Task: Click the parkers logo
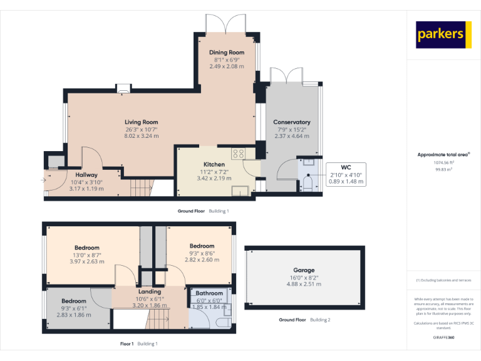443,34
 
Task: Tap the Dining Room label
226,52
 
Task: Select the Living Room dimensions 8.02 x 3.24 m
141,135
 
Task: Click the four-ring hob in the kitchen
239,153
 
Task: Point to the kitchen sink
239,191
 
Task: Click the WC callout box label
346,167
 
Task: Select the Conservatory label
292,122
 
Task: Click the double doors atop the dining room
226,23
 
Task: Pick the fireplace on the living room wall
123,89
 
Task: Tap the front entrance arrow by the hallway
43,180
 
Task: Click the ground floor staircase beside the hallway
141,187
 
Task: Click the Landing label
149,291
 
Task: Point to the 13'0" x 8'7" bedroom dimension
87,255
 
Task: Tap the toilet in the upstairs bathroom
222,323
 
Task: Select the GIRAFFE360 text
443,337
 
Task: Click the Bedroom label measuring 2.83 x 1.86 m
74,301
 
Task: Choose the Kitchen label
214,164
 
